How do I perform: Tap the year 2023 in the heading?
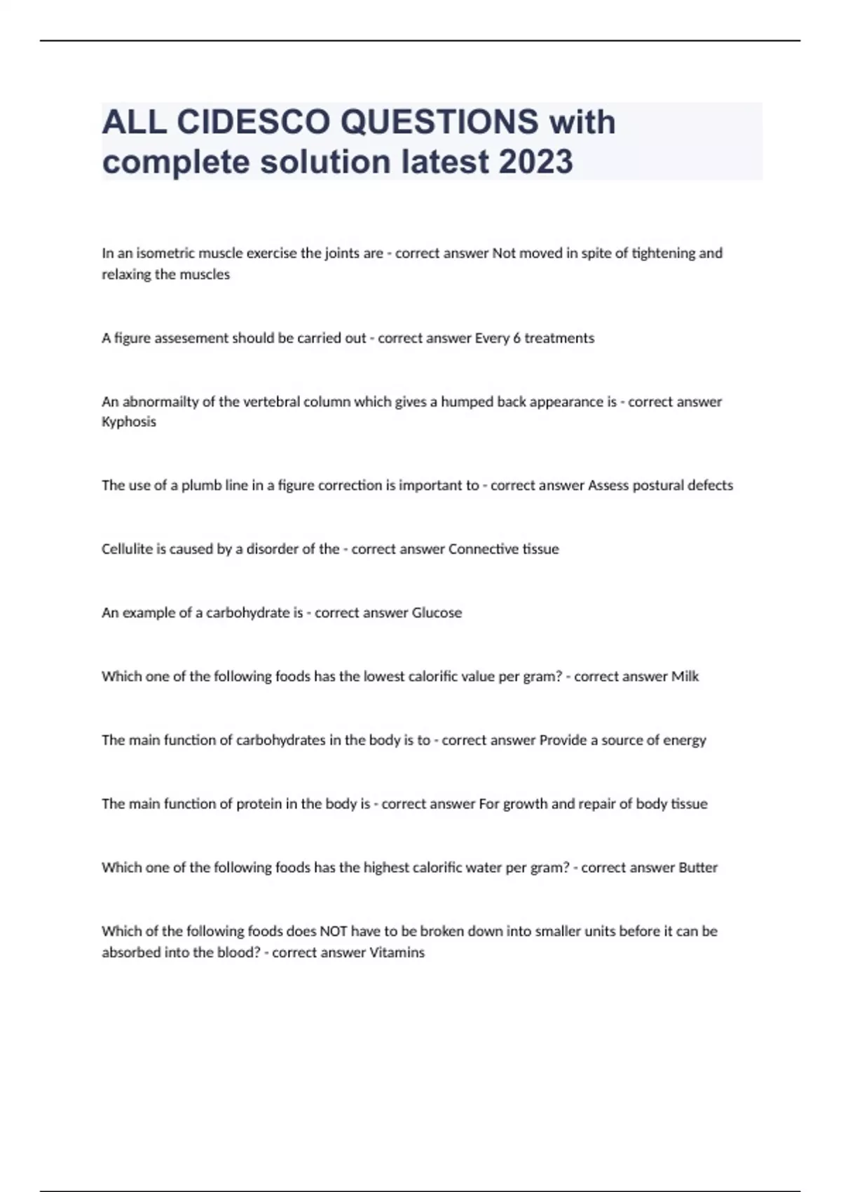click(x=535, y=162)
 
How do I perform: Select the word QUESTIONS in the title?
click(x=439, y=122)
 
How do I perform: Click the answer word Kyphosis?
click(x=129, y=422)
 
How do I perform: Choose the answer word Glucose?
click(x=437, y=613)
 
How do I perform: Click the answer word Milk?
click(x=685, y=677)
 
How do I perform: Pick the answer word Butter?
click(x=698, y=868)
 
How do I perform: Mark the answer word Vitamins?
click(x=397, y=953)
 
